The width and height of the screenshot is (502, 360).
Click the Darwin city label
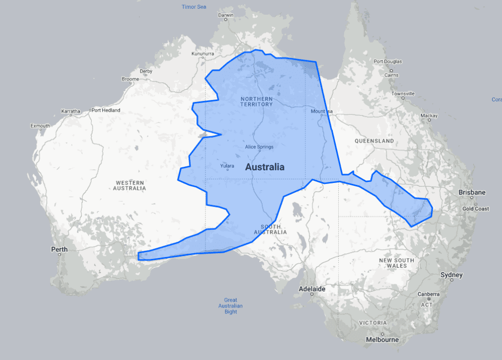[226, 15]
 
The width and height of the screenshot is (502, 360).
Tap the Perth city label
[59, 250]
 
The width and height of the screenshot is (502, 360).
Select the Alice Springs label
[259, 147]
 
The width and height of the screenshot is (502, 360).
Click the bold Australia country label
[265, 167]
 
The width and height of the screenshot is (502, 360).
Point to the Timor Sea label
[194, 7]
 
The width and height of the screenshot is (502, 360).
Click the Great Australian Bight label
[230, 306]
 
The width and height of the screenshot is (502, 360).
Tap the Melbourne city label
[382, 339]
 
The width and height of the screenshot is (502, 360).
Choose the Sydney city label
[451, 275]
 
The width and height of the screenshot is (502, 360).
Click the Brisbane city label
[472, 193]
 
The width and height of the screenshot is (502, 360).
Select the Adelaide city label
[312, 289]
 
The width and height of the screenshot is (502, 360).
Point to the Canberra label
[429, 294]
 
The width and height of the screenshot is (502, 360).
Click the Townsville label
[403, 93]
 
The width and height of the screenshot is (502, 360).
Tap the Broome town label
[130, 79]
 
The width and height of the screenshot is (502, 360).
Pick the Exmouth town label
[40, 126]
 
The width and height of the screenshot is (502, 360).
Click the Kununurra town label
[203, 54]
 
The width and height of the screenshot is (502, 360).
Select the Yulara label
[227, 166]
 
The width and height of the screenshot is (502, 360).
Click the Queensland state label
[374, 141]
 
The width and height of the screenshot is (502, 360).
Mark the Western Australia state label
[130, 185]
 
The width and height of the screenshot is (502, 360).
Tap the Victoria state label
[373, 323]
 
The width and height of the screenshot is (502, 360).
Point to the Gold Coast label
[476, 209]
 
